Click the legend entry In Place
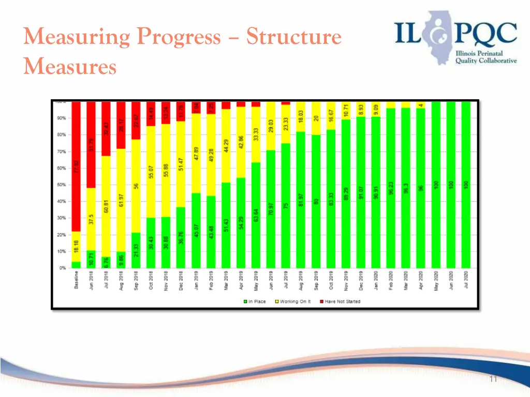click(x=255, y=301)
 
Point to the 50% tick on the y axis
click(x=61, y=185)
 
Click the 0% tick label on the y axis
click(x=62, y=268)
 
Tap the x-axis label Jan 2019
click(x=196, y=280)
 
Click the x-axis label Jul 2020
click(x=466, y=280)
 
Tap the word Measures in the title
click(x=69, y=66)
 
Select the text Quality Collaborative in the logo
click(x=485, y=60)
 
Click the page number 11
click(x=493, y=379)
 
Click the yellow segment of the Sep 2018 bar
click(x=136, y=171)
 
